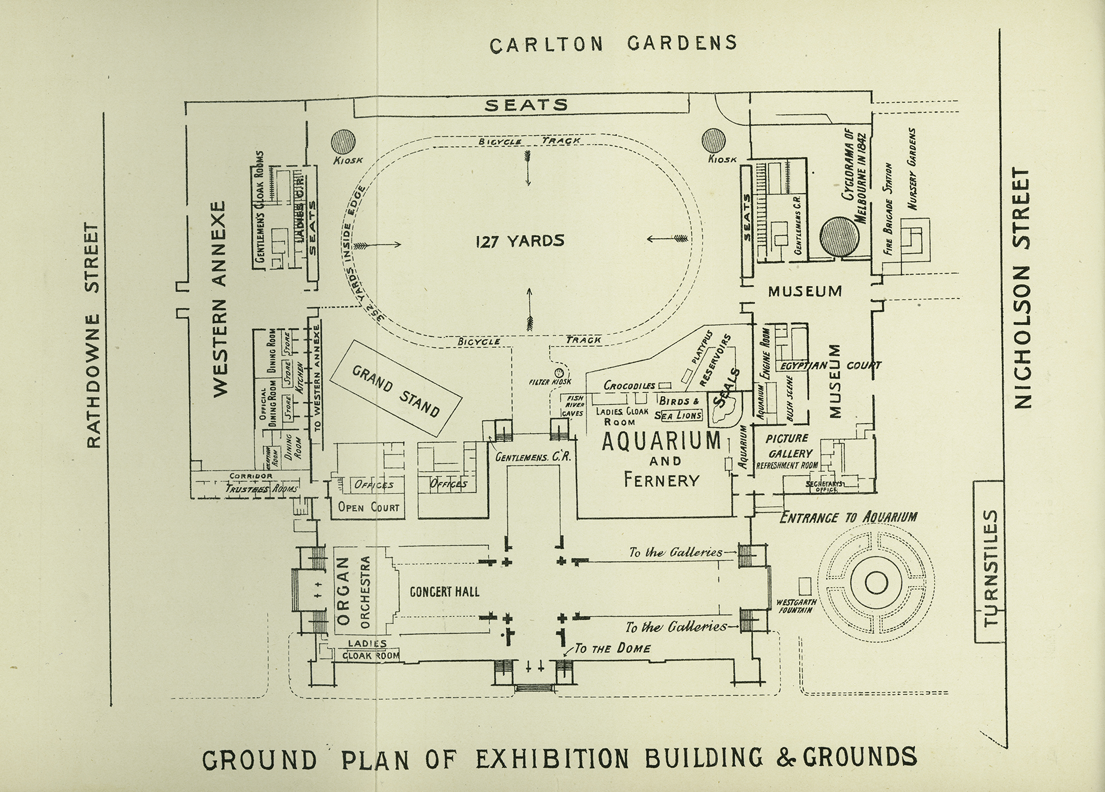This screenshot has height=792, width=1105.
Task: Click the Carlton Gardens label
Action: pyautogui.click(x=614, y=44)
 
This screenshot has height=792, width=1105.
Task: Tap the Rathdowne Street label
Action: pyautogui.click(x=94, y=336)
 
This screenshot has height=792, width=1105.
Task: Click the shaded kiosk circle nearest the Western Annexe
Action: pyautogui.click(x=344, y=140)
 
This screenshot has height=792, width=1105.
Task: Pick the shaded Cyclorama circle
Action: pyautogui.click(x=839, y=236)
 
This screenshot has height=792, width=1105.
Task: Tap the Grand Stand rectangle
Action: pyautogui.click(x=396, y=389)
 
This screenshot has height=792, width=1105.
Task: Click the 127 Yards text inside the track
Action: pyautogui.click(x=519, y=241)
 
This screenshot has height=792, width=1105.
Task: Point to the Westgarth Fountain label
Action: pyautogui.click(x=796, y=606)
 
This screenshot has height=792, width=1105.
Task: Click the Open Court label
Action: pyautogui.click(x=369, y=507)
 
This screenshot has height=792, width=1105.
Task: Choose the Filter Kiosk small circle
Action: pyautogui.click(x=559, y=372)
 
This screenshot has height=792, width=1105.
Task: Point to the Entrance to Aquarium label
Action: pyautogui.click(x=848, y=518)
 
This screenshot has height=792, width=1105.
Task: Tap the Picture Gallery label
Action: pyautogui.click(x=789, y=446)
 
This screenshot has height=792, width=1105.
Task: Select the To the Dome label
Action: pyautogui.click(x=612, y=649)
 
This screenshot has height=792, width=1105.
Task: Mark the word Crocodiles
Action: pyautogui.click(x=630, y=386)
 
